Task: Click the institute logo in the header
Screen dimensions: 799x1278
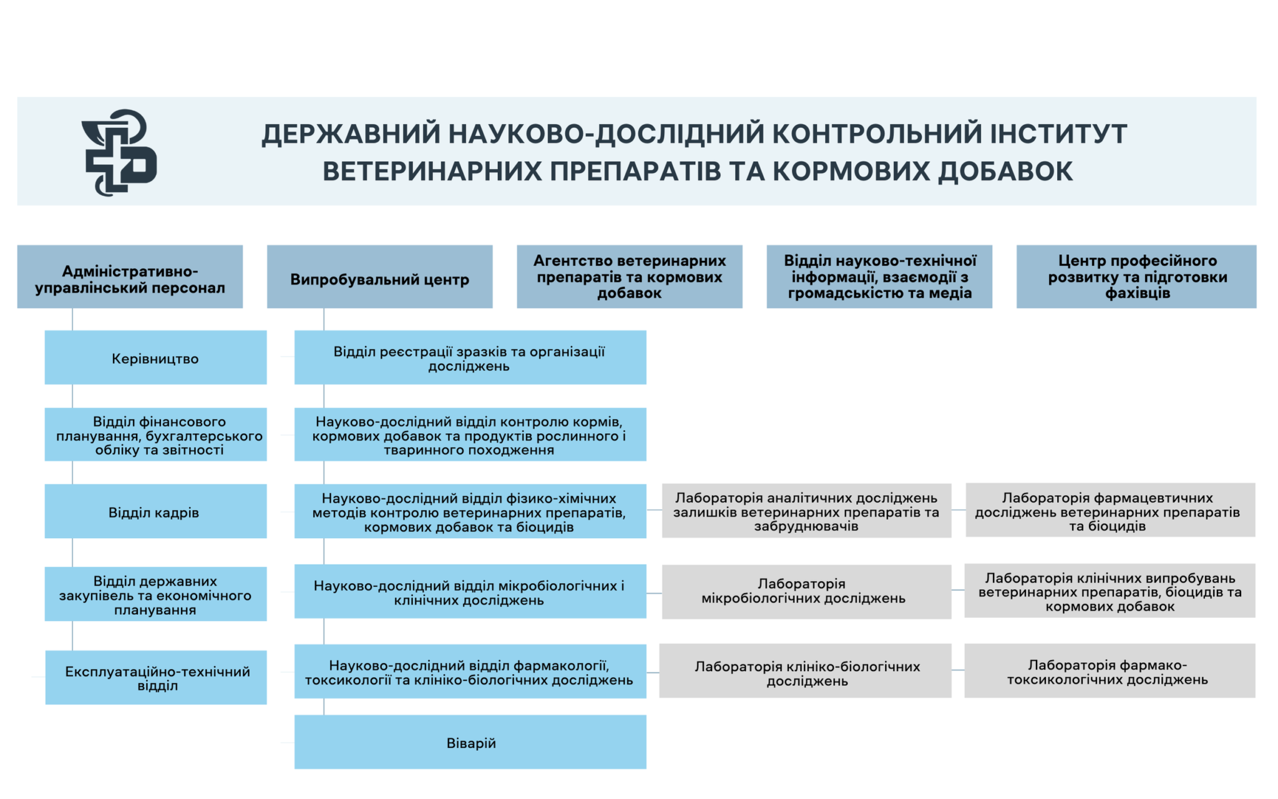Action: (x=119, y=152)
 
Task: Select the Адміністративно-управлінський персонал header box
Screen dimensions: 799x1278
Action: (x=130, y=277)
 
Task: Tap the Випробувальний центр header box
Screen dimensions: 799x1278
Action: (x=379, y=277)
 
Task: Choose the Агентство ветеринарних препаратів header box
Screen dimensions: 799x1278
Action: (x=629, y=277)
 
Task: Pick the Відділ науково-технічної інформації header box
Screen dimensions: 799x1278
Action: (x=879, y=277)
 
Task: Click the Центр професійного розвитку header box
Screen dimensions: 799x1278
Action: (x=1136, y=277)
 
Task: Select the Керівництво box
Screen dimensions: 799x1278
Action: (x=155, y=358)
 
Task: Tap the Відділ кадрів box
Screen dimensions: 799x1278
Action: (x=155, y=511)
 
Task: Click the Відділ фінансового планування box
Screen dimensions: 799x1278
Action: (x=155, y=434)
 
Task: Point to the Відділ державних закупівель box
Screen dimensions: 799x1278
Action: (x=155, y=594)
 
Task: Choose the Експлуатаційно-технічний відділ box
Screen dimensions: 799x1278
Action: (x=156, y=677)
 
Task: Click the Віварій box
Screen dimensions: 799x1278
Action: (x=471, y=742)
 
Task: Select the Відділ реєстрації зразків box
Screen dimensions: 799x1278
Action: (x=471, y=358)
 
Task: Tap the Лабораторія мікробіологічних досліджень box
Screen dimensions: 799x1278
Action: (x=806, y=591)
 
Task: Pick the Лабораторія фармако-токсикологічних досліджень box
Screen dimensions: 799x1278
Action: (x=1110, y=670)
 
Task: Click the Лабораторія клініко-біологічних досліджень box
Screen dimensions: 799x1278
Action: (x=805, y=671)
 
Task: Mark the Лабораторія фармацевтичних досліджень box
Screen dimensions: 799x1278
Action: (x=1110, y=510)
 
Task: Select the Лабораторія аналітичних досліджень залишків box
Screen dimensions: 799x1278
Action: (x=806, y=511)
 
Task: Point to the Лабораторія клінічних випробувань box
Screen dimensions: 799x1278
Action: (x=1110, y=591)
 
